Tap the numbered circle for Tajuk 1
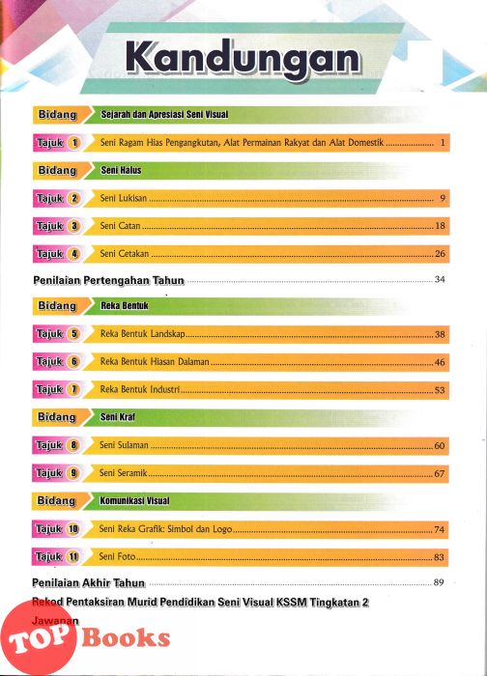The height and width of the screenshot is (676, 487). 74,143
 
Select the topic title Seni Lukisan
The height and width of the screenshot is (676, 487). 124,198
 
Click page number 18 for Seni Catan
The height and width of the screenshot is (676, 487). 440,226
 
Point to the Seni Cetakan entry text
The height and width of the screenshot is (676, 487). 125,253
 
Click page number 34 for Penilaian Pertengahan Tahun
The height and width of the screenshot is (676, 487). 440,279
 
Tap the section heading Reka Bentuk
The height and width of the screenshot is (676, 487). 125,306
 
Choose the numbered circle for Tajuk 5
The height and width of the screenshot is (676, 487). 74,334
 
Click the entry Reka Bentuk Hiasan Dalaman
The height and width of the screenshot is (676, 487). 155,362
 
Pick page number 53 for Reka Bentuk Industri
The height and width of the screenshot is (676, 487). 440,390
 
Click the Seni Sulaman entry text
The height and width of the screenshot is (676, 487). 124,445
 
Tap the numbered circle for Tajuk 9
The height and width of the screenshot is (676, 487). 73,473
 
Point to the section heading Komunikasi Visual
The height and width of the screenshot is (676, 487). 134,500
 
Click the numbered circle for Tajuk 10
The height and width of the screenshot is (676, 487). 73,529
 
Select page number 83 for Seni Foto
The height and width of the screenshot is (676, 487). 439,557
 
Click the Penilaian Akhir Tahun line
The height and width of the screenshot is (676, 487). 89,583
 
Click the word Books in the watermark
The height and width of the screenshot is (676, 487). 126,638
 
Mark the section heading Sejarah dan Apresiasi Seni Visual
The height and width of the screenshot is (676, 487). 164,115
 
